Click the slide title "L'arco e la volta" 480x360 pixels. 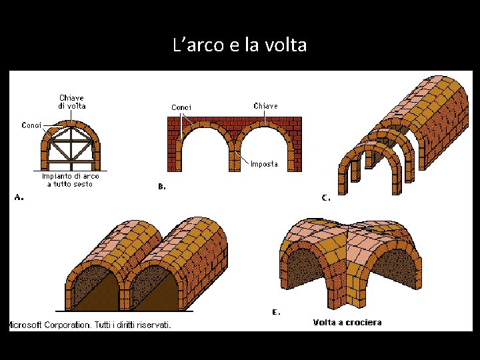[239, 45]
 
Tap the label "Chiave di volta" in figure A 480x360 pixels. [71, 102]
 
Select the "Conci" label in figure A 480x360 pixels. [31, 125]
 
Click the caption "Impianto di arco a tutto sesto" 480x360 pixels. [71, 180]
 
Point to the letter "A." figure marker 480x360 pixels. [20, 197]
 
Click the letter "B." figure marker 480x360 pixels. [162, 187]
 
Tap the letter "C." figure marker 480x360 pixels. [326, 197]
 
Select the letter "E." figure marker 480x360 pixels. [276, 311]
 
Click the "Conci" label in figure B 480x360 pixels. [181, 107]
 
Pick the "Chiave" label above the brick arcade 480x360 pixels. [265, 106]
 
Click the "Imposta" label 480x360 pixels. [264, 164]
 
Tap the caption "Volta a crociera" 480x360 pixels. [347, 323]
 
